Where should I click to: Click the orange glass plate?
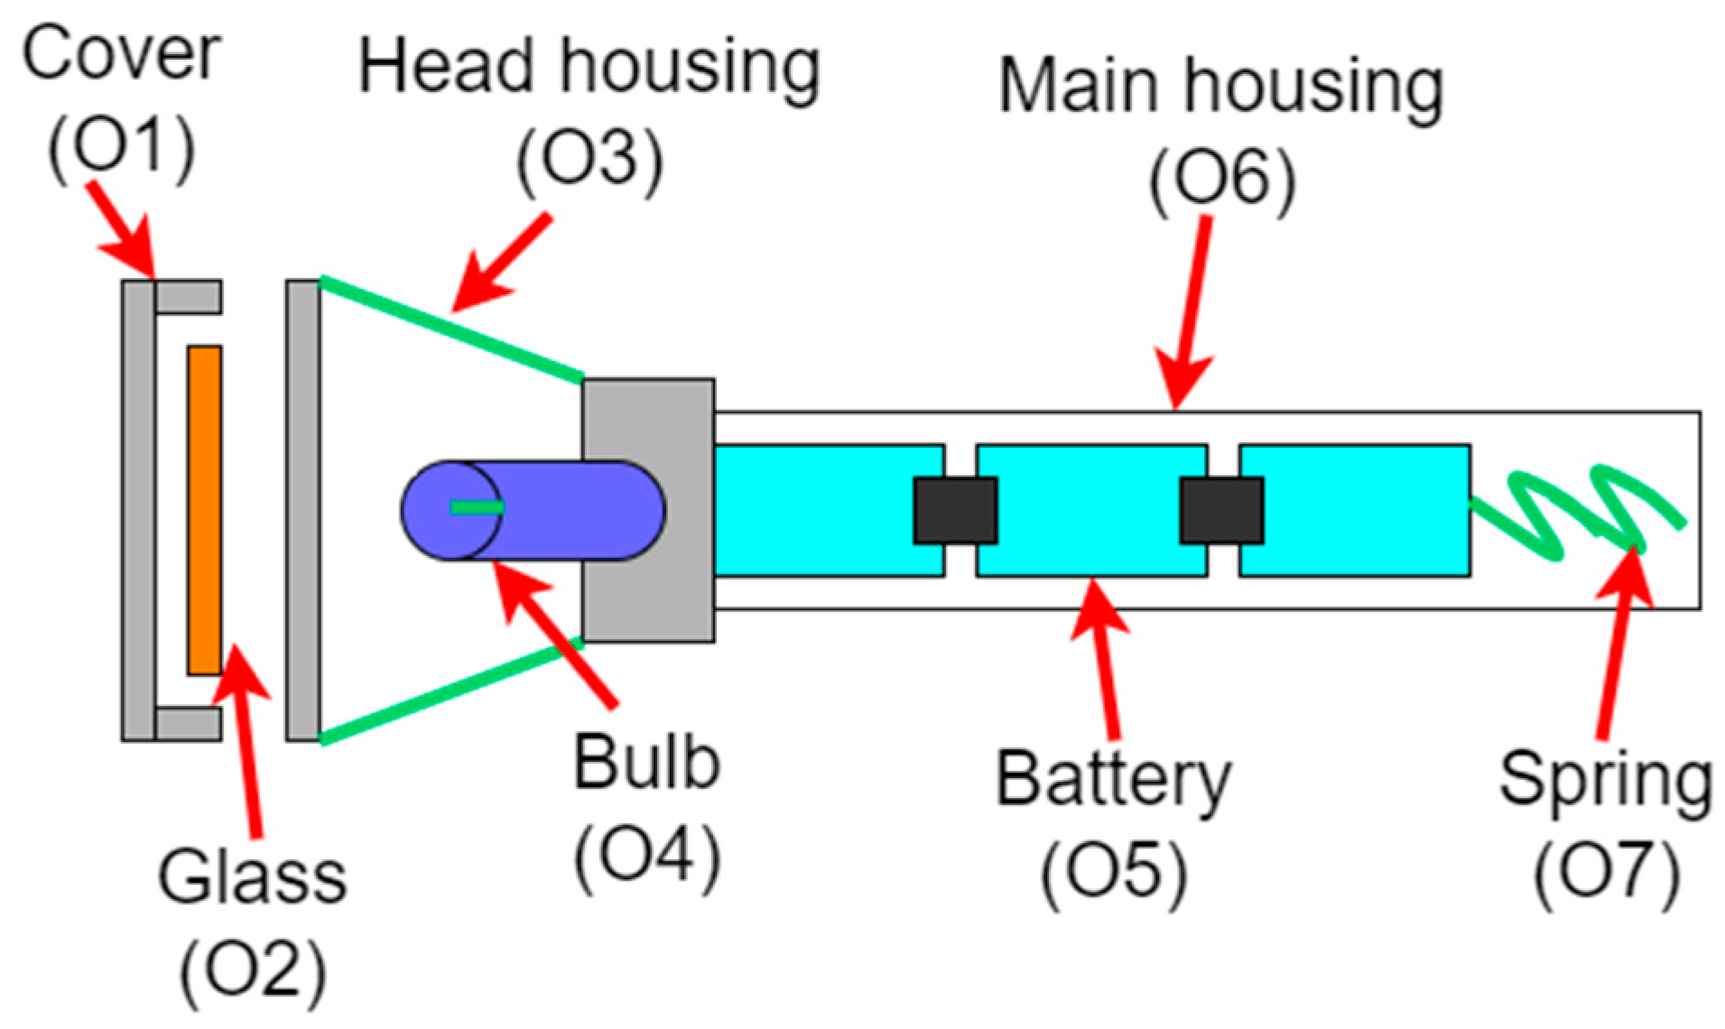(204, 510)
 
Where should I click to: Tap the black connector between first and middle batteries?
(955, 510)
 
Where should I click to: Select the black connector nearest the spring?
(1220, 510)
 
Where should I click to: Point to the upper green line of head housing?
(451, 329)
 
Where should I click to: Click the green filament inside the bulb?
(477, 508)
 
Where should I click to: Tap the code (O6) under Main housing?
(1220, 181)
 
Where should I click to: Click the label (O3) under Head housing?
(589, 162)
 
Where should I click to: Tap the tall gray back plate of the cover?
(138, 510)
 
